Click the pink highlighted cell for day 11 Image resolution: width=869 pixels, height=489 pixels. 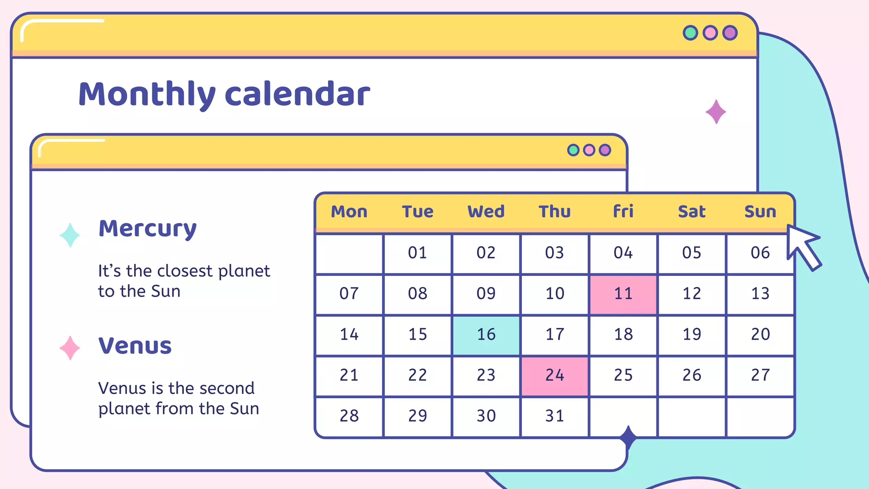coord(623,294)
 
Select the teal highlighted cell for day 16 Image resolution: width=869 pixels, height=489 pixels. coord(486,335)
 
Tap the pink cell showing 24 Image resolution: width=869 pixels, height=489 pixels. coord(555,376)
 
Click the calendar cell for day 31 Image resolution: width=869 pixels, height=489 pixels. coord(555,416)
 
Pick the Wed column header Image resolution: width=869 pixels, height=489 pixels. coord(486,211)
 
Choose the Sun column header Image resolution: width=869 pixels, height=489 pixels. coord(760,211)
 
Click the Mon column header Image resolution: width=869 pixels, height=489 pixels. coord(349,211)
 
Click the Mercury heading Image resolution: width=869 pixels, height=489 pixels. coord(148,229)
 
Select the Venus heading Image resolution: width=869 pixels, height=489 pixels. coord(135,346)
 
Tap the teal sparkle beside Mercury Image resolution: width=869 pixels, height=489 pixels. coord(70,235)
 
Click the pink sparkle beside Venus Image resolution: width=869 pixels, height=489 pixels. coord(70,348)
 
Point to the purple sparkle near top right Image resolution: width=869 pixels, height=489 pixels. coord(716,112)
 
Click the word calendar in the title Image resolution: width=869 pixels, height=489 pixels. coord(297,94)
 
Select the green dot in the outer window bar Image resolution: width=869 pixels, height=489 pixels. coord(690,33)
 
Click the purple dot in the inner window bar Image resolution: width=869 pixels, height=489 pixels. coord(605,150)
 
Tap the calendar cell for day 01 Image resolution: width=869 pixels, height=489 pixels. coord(418,253)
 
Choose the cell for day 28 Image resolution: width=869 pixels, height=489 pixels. coord(349,416)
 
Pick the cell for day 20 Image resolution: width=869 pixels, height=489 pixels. coord(760,335)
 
